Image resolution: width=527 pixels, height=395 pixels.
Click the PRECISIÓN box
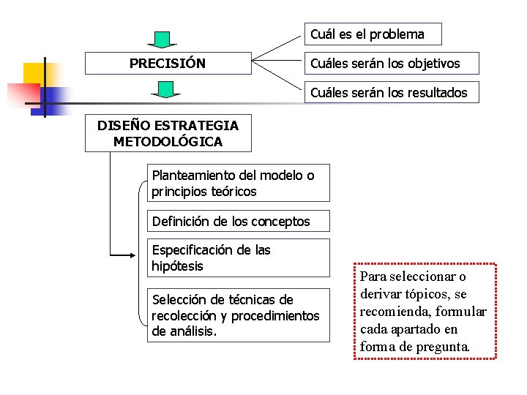click(x=168, y=64)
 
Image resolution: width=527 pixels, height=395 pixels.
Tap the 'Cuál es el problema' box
click(x=373, y=34)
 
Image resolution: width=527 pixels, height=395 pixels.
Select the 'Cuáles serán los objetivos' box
click(x=392, y=64)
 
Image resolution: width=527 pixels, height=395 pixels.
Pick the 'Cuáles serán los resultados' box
click(x=392, y=93)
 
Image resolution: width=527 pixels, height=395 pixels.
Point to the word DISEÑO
click(x=123, y=125)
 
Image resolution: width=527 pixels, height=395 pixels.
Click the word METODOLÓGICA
click(x=168, y=141)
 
